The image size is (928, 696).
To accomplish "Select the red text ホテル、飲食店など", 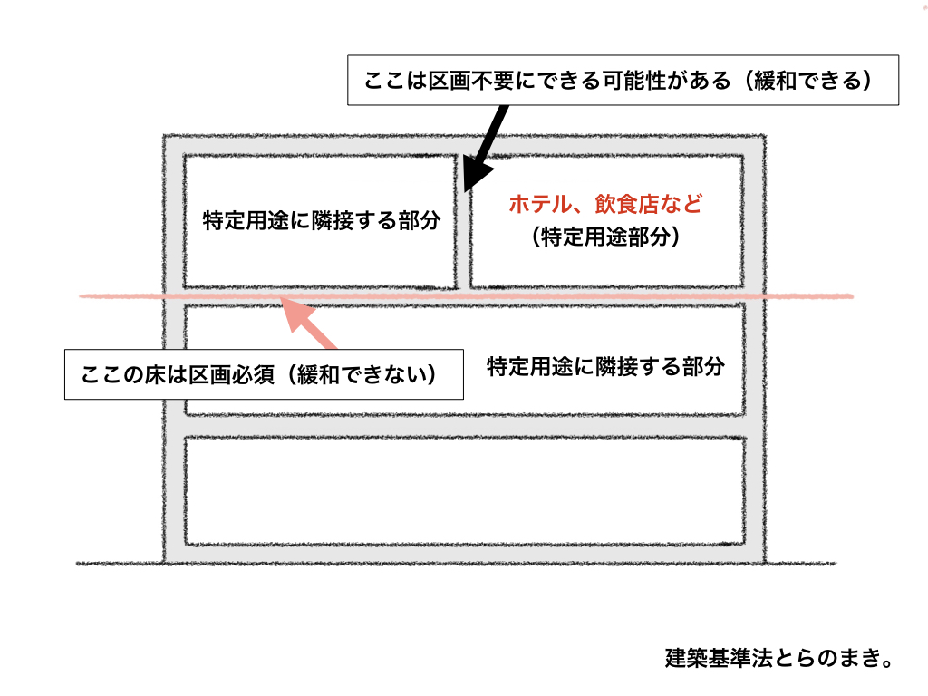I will (605, 204).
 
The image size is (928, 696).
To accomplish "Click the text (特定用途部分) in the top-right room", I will (605, 237).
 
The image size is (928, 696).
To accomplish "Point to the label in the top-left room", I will (322, 221).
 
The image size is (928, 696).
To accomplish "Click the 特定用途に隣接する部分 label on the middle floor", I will (605, 367).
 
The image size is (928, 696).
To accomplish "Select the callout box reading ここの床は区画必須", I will (264, 374).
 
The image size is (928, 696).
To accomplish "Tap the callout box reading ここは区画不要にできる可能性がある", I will (623, 81).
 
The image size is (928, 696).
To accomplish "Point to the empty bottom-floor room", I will (465, 490).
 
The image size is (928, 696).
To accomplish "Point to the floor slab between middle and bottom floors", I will (465, 426).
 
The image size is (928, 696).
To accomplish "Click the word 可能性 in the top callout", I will (632, 81).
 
